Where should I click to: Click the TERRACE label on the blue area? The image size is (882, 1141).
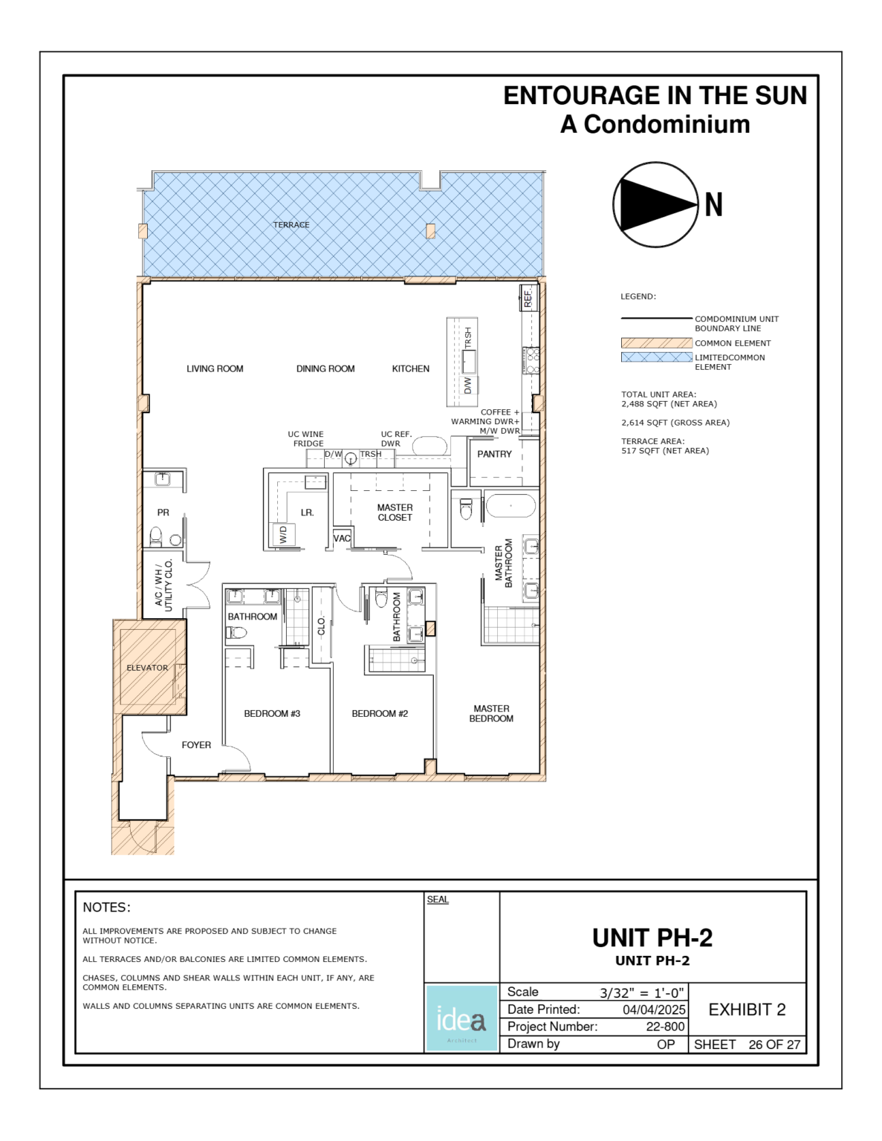pyautogui.click(x=291, y=225)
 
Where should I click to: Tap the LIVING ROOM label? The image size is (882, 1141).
pyautogui.click(x=215, y=368)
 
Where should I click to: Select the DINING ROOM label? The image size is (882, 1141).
pyautogui.click(x=325, y=368)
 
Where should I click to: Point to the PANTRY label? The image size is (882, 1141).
pyautogui.click(x=494, y=454)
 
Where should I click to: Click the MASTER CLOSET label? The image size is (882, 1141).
pyautogui.click(x=395, y=513)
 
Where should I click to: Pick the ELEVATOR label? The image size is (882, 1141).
pyautogui.click(x=147, y=668)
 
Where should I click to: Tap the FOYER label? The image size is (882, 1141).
pyautogui.click(x=196, y=745)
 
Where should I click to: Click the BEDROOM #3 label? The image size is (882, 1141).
pyautogui.click(x=272, y=714)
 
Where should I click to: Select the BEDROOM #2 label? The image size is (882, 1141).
pyautogui.click(x=380, y=714)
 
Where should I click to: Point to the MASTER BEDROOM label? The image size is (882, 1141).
pyautogui.click(x=491, y=714)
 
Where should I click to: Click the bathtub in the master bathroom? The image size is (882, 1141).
pyautogui.click(x=510, y=506)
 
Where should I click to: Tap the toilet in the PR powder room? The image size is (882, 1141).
pyautogui.click(x=156, y=536)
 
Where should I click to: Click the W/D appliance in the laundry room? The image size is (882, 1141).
pyautogui.click(x=283, y=535)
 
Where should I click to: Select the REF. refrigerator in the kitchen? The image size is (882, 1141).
pyautogui.click(x=528, y=299)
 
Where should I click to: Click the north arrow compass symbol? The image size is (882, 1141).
pyautogui.click(x=655, y=205)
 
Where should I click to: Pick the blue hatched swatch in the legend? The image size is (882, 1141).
pyautogui.click(x=656, y=357)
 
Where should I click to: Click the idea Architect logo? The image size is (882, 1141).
pyautogui.click(x=461, y=1018)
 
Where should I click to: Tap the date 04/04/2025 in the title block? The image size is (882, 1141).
pyautogui.click(x=654, y=1010)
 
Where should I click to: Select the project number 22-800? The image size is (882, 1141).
pyautogui.click(x=665, y=1027)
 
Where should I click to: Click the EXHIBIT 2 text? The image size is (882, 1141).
pyautogui.click(x=747, y=1010)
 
